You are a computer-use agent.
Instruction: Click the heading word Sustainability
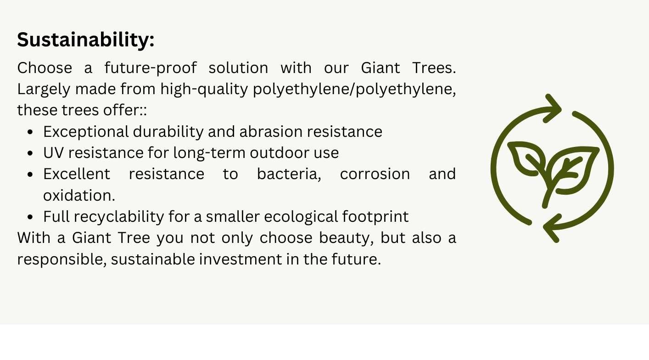[85, 39]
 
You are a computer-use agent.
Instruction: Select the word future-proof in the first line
[151, 68]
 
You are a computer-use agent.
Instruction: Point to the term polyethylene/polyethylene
[354, 90]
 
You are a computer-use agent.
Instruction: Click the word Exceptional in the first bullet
[86, 132]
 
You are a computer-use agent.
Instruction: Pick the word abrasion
[271, 132]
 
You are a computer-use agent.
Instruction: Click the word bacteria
[289, 174]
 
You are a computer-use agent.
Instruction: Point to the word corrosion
[375, 174]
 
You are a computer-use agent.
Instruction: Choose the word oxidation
[79, 195]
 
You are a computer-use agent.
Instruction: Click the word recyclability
[119, 217]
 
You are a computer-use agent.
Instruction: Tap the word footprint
[375, 217]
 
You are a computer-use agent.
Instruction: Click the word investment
[240, 259]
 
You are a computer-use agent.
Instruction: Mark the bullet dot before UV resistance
[30, 154]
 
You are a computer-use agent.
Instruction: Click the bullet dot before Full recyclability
[30, 217]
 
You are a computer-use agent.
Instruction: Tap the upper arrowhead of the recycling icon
[553, 109]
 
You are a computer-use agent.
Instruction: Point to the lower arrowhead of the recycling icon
[552, 228]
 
